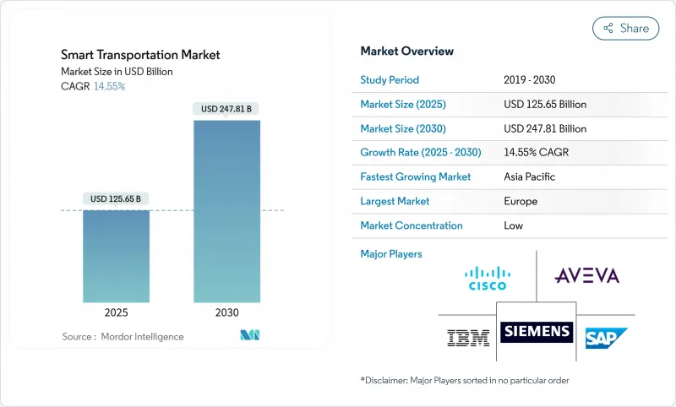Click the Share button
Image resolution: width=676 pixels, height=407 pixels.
[626, 28]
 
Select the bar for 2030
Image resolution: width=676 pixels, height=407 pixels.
[227, 211]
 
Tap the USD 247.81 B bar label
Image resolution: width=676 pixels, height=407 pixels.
[227, 109]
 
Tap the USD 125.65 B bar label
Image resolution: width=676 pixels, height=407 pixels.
[116, 199]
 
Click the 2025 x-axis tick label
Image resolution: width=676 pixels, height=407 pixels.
[116, 312]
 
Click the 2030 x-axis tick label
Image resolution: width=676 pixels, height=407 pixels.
[227, 312]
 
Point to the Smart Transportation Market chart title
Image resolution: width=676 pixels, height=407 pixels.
[140, 55]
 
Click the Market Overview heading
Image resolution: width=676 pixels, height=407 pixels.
[406, 52]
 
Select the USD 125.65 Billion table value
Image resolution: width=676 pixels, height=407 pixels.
[544, 105]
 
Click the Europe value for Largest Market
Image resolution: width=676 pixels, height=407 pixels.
[520, 202]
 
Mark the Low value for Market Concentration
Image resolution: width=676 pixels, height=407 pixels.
[513, 225]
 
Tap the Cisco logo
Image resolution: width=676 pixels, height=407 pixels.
[488, 277]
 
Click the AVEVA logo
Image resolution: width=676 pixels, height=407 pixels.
[586, 275]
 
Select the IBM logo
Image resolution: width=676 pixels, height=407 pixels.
[467, 338]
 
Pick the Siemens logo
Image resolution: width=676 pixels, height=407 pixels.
[536, 332]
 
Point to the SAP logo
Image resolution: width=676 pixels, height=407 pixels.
[607, 338]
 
